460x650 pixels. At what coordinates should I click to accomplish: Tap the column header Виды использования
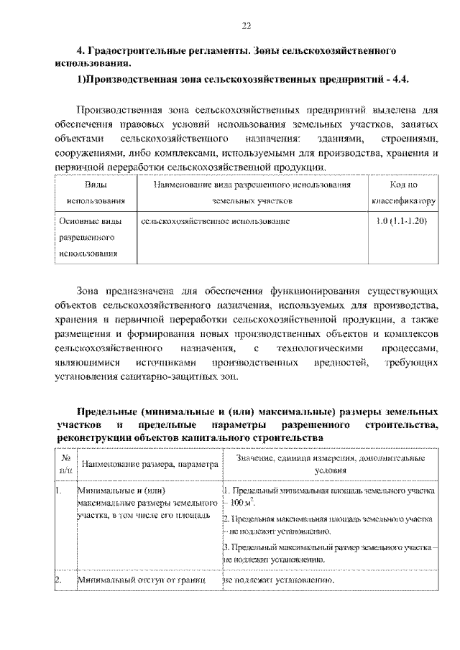(92, 193)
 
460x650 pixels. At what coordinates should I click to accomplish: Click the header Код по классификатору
(403, 193)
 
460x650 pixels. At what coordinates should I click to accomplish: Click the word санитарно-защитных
(173, 378)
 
